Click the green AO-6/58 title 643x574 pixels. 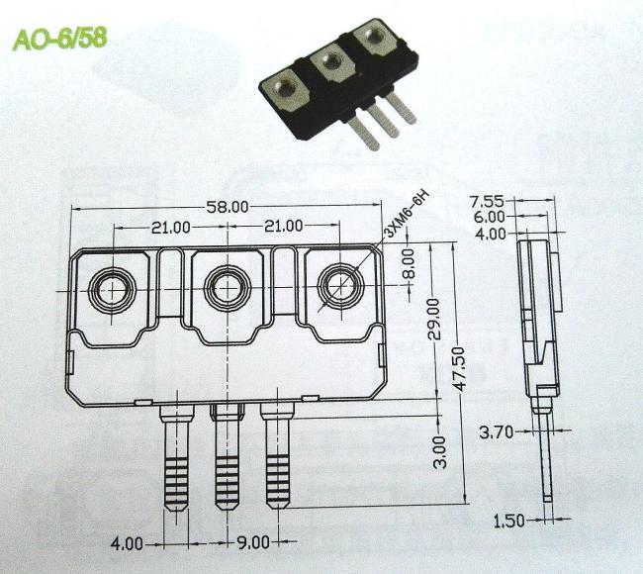[60, 40]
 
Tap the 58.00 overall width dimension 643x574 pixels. [228, 207]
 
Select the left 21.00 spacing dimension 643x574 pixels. [171, 227]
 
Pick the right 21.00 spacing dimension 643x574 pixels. [284, 226]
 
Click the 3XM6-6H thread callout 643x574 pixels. [406, 215]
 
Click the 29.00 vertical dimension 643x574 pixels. [433, 320]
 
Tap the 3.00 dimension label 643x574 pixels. [439, 452]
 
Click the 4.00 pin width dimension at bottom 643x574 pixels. [128, 544]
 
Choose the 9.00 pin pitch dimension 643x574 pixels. [254, 542]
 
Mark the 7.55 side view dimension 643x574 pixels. [487, 202]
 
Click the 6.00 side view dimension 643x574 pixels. [490, 217]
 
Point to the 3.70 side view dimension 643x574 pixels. [497, 432]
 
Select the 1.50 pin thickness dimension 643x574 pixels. [508, 522]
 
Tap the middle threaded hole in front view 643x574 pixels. [228, 288]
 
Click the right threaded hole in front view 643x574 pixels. [340, 286]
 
